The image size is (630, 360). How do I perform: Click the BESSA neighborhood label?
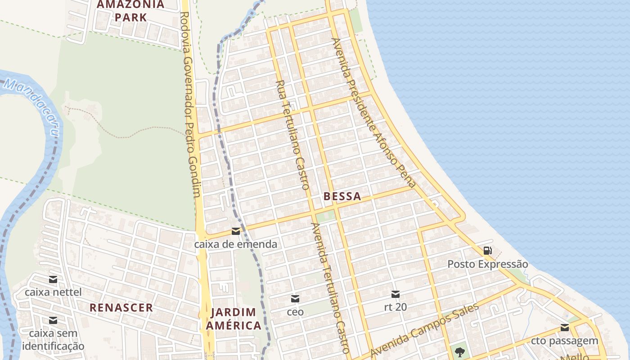pyautogui.click(x=342, y=196)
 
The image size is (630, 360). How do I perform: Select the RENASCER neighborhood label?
pyautogui.click(x=121, y=308)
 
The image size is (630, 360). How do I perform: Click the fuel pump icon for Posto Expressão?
pyautogui.click(x=487, y=251)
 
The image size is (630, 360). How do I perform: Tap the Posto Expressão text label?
pyautogui.click(x=487, y=264)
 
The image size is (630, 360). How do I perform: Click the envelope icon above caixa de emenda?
pyautogui.click(x=235, y=231)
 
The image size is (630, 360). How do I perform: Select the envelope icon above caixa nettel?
pyautogui.click(x=53, y=279)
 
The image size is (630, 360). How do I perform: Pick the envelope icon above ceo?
pyautogui.click(x=295, y=298)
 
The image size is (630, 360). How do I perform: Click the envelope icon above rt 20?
pyautogui.click(x=396, y=294)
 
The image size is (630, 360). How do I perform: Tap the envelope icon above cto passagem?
pyautogui.click(x=564, y=328)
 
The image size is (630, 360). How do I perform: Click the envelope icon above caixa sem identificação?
pyautogui.click(x=53, y=320)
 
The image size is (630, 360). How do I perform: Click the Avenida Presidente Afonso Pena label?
pyautogui.click(x=373, y=112)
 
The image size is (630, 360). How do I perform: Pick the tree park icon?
pyautogui.click(x=459, y=351)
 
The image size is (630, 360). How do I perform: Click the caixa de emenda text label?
pyautogui.click(x=235, y=244)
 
